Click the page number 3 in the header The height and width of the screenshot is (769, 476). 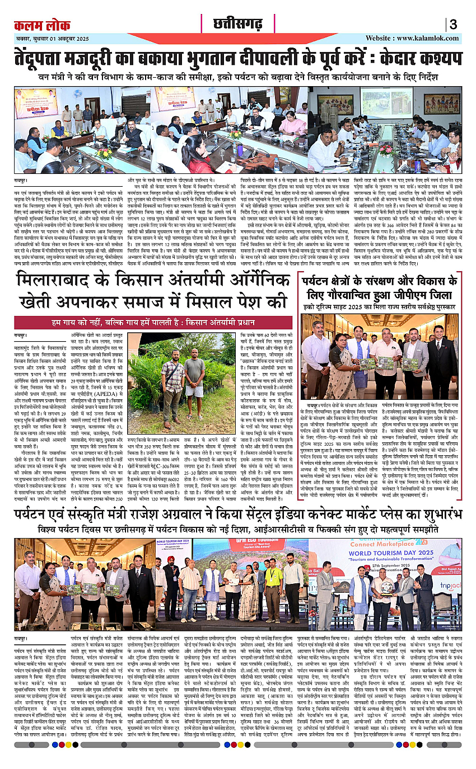click(452, 25)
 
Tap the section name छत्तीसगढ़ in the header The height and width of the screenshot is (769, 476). click(238, 23)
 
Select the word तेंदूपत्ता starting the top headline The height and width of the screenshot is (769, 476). click(49, 58)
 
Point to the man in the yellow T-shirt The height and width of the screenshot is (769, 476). click(273, 593)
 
